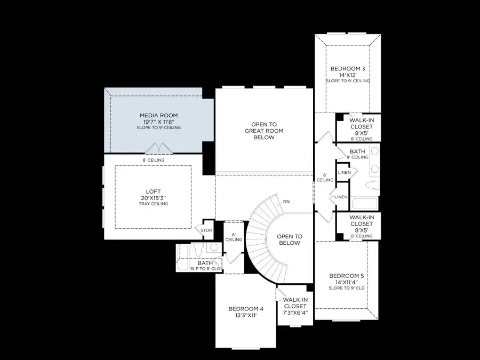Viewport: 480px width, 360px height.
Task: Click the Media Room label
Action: click(x=158, y=115)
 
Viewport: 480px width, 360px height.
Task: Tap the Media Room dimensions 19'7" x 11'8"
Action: click(x=158, y=122)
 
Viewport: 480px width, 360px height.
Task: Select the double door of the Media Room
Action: click(x=153, y=148)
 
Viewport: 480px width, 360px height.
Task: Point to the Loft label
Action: click(x=153, y=191)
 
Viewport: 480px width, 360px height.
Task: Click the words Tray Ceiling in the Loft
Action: click(x=153, y=204)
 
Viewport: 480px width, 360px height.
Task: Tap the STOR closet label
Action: click(x=206, y=230)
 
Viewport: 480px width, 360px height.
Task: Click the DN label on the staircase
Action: click(x=286, y=202)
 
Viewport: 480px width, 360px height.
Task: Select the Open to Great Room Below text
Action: click(x=263, y=131)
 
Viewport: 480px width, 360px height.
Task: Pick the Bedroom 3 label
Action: click(x=348, y=69)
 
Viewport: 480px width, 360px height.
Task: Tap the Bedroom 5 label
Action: click(x=347, y=276)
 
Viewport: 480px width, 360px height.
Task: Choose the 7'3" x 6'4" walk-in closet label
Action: click(x=295, y=307)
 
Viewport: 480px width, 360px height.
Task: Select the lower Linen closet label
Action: click(x=341, y=197)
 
